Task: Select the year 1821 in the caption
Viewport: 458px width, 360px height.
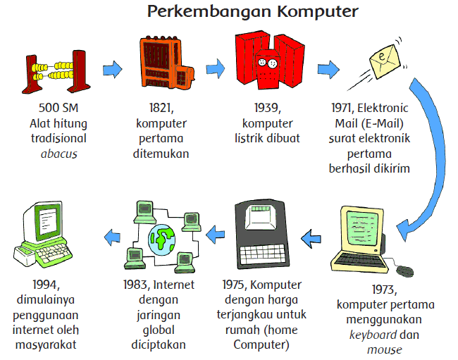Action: tap(162, 108)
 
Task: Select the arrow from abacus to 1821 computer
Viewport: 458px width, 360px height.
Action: tap(112, 69)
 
